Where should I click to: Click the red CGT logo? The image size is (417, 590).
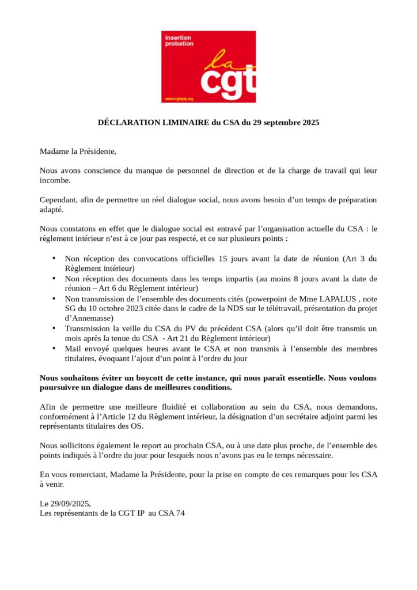pos(208,67)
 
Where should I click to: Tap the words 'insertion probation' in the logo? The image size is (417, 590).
pos(180,41)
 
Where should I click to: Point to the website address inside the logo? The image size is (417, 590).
pos(179,99)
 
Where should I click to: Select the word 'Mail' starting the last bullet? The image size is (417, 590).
pos(73,348)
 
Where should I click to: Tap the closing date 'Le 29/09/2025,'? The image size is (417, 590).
pos(65,504)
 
